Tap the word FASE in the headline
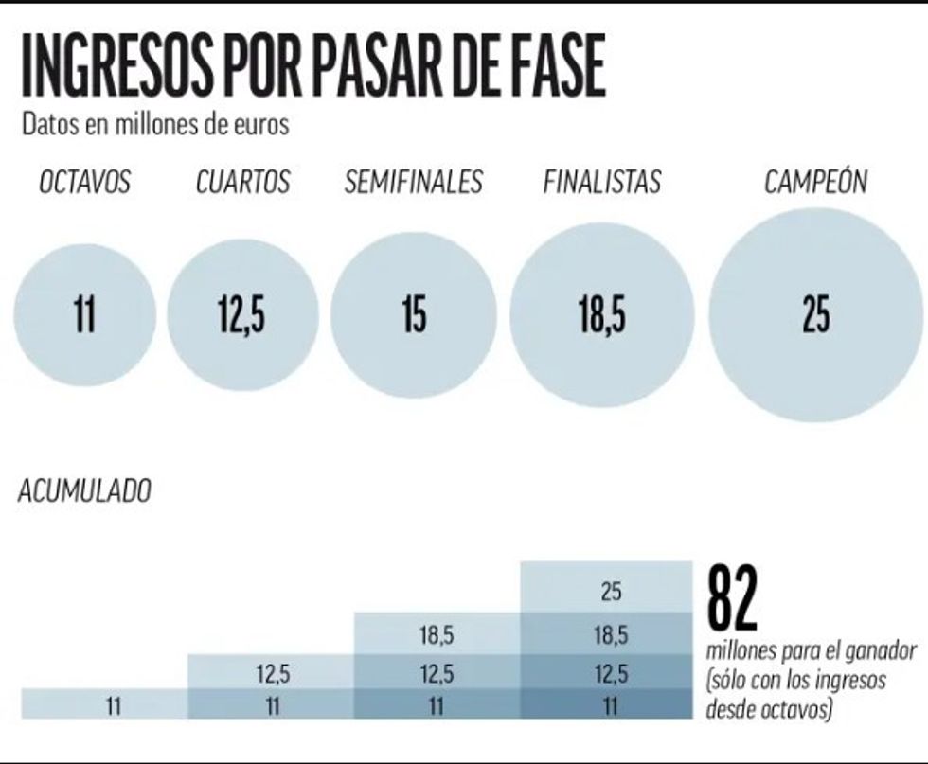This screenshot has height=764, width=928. point(546,68)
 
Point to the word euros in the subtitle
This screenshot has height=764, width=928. point(261,125)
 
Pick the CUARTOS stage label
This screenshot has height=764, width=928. point(242,182)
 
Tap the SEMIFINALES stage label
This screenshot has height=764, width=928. point(413,182)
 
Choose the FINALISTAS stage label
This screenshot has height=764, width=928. point(602,182)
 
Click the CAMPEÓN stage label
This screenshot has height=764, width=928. point(815,182)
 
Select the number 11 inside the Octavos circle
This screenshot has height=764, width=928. point(84,316)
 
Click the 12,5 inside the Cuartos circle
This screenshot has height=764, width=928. point(241,316)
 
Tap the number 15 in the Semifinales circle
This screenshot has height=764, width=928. point(413,316)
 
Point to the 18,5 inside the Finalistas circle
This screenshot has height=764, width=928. point(602,316)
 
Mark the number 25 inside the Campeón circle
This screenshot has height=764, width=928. point(815,316)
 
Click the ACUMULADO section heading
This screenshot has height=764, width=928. point(84,491)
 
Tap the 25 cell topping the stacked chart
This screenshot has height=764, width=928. point(611,592)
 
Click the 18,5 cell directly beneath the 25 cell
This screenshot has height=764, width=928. point(611,636)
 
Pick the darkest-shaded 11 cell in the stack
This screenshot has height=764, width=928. point(611,705)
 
